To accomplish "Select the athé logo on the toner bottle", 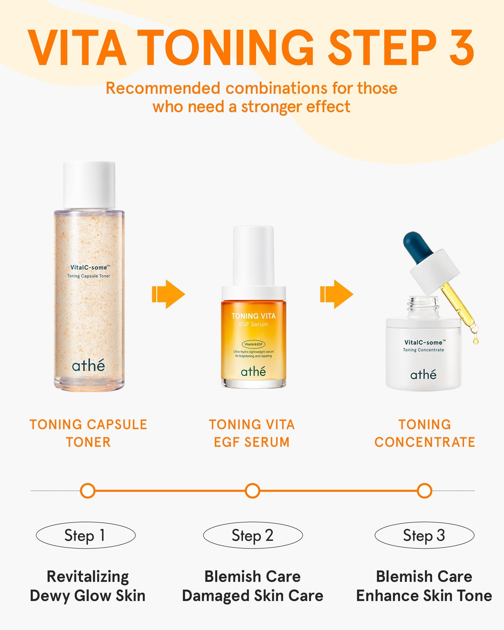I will [88, 365].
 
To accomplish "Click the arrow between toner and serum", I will [169, 294].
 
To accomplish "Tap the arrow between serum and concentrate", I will [337, 294].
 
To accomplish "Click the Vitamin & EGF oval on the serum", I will [254, 344].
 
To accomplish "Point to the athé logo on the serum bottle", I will [254, 372].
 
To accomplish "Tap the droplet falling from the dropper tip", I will [476, 340].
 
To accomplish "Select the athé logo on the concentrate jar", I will [423, 375].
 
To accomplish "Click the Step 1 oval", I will [86, 535].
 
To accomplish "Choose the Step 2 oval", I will [253, 535].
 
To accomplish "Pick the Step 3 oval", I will [424, 535].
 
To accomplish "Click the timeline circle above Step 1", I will [88, 491].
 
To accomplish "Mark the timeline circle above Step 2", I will [253, 491].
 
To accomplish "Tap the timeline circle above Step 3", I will [424, 491].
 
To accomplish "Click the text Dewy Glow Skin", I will [88, 596].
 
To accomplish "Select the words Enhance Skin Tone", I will [424, 596].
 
